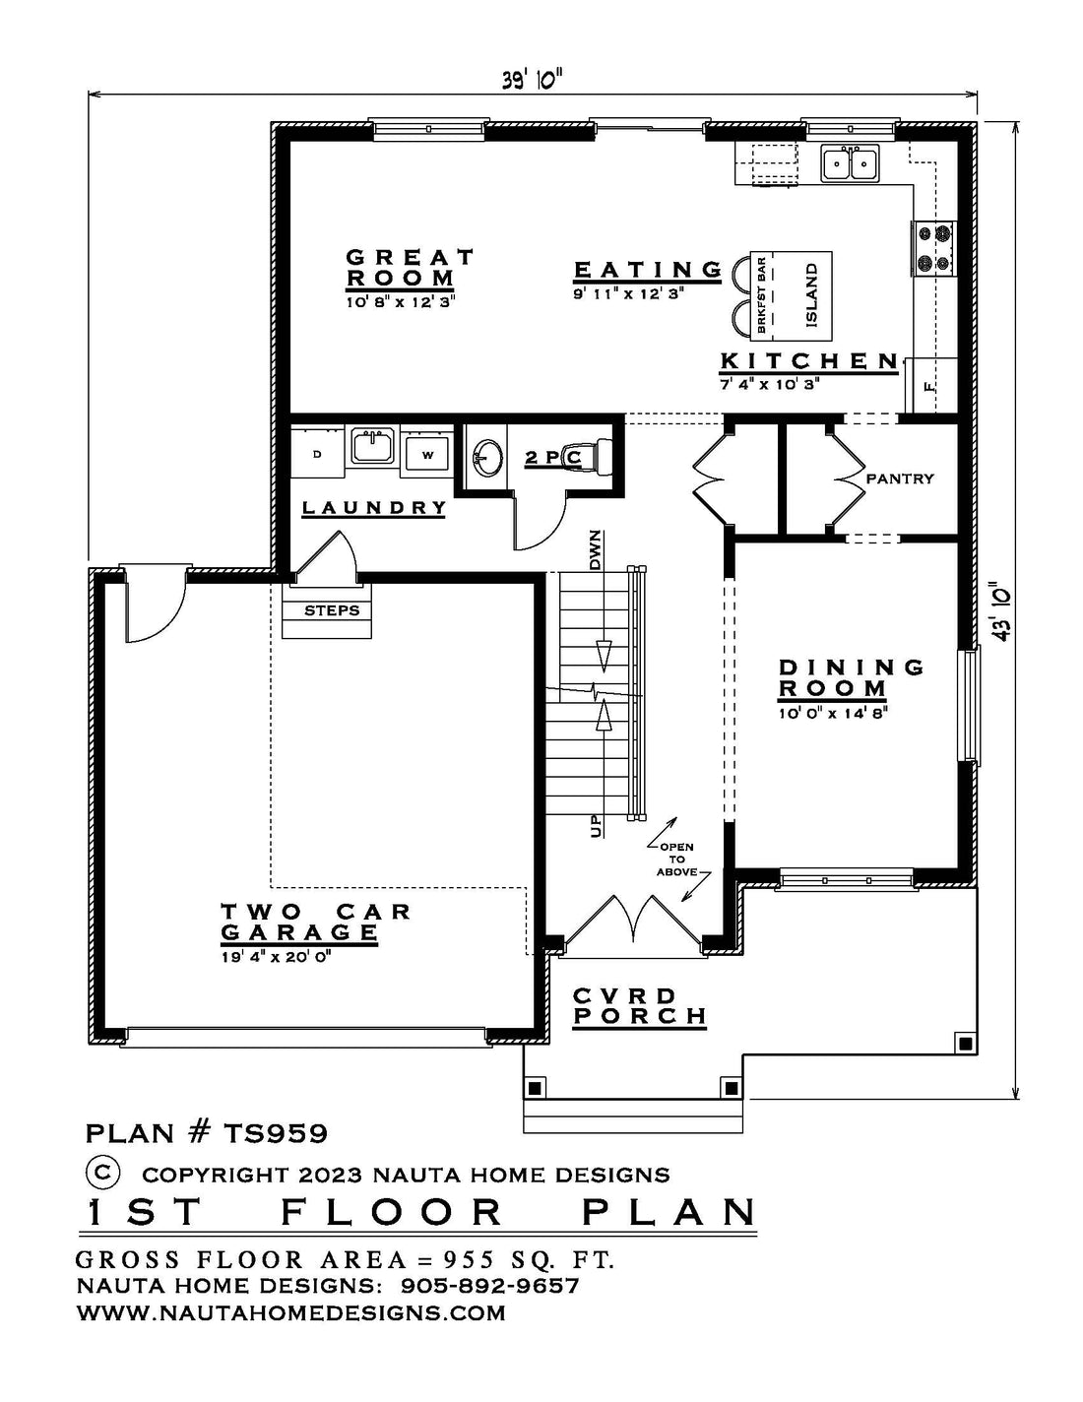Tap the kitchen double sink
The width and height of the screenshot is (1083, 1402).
click(850, 163)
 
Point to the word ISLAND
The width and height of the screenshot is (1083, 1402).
click(811, 294)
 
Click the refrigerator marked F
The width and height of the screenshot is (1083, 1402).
click(930, 386)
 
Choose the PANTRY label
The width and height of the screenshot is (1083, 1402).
click(899, 478)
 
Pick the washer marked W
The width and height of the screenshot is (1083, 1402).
click(426, 454)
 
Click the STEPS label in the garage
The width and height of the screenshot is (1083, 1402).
click(332, 610)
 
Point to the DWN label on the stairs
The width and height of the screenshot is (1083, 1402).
click(596, 549)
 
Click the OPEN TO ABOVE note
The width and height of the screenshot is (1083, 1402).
click(677, 860)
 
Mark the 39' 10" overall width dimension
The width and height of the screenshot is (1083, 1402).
click(533, 82)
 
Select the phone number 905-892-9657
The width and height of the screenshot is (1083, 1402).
click(489, 1286)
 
